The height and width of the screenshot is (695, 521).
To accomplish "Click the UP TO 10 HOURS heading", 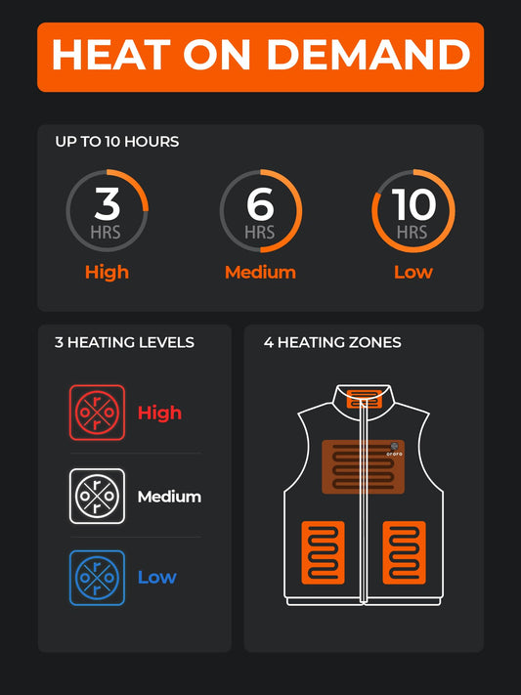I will pyautogui.click(x=116, y=142).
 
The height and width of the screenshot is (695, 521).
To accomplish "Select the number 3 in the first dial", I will pyautogui.click(x=107, y=203).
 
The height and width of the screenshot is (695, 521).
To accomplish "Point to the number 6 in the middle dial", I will pyautogui.click(x=260, y=204).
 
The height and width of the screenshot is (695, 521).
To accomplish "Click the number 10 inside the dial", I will pyautogui.click(x=412, y=204).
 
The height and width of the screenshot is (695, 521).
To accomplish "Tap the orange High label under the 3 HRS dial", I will pyautogui.click(x=107, y=272).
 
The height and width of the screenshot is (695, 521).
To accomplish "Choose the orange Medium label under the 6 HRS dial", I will pyautogui.click(x=260, y=272).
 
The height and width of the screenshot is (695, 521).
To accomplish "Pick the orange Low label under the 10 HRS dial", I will pyautogui.click(x=412, y=272).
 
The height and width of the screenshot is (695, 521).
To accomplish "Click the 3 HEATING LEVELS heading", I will pyautogui.click(x=124, y=342).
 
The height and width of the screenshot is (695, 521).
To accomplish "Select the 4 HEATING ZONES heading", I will pyautogui.click(x=332, y=342).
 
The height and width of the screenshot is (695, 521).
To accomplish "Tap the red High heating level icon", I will pyautogui.click(x=98, y=413).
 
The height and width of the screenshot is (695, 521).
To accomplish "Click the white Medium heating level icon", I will pyautogui.click(x=98, y=496).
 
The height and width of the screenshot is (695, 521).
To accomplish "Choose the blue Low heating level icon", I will pyautogui.click(x=98, y=577).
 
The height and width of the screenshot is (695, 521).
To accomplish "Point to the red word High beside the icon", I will pyautogui.click(x=159, y=413).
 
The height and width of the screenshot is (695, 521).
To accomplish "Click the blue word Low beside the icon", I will pyautogui.click(x=156, y=577).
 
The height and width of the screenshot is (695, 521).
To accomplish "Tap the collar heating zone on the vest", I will pyautogui.click(x=364, y=398).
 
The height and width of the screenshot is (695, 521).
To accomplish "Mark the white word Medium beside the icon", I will pyautogui.click(x=169, y=497).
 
